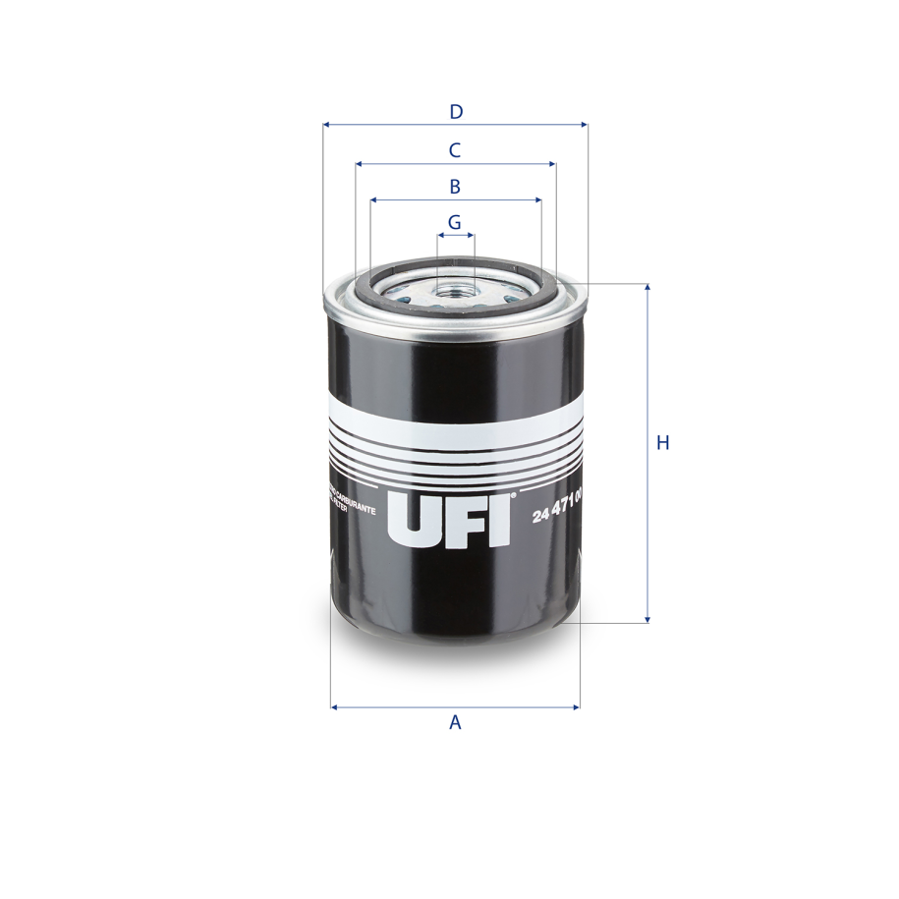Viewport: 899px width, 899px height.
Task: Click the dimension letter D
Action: pyautogui.click(x=456, y=112)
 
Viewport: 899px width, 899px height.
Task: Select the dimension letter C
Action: pyautogui.click(x=455, y=150)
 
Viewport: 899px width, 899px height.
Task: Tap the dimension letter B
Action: pyautogui.click(x=455, y=187)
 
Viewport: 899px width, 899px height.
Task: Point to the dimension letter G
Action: pyautogui.click(x=454, y=223)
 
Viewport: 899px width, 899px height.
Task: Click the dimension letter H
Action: pyautogui.click(x=663, y=443)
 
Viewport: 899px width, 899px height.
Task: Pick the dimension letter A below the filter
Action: pyautogui.click(x=455, y=723)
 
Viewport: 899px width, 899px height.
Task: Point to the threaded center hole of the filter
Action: pyautogui.click(x=455, y=289)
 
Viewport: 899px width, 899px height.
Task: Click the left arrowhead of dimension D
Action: pyautogui.click(x=326, y=125)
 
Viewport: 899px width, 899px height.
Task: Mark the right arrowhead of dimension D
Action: pyautogui.click(x=584, y=125)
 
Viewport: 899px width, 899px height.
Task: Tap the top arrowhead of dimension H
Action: pyautogui.click(x=647, y=288)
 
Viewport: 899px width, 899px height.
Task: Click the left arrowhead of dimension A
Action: pyautogui.click(x=335, y=706)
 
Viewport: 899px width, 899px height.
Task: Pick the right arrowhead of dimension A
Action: pyautogui.click(x=576, y=706)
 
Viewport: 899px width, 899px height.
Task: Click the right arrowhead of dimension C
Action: pyautogui.click(x=552, y=164)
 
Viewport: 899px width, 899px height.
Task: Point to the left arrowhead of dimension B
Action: pyautogui.click(x=375, y=200)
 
